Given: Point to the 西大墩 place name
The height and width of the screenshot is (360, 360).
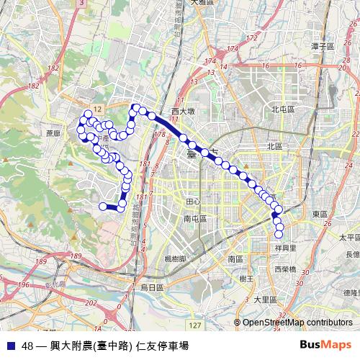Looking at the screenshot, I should point(184,112).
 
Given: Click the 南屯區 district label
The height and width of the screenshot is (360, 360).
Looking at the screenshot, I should point(195,218).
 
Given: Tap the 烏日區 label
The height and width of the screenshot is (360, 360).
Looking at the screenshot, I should point(152,287).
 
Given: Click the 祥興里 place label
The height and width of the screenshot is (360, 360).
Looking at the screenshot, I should point(287,247).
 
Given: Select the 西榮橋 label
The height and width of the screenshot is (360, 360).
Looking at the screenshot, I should point(286,269).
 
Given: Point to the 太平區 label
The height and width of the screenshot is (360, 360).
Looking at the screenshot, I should point(348,236).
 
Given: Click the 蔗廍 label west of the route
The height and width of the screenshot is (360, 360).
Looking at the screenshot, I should point(52,133).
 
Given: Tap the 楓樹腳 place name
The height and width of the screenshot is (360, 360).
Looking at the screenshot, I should point(176,258).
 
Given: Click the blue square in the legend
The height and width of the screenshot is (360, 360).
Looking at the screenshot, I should point(9,345).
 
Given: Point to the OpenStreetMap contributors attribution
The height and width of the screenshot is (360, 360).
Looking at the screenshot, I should point(297,323).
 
